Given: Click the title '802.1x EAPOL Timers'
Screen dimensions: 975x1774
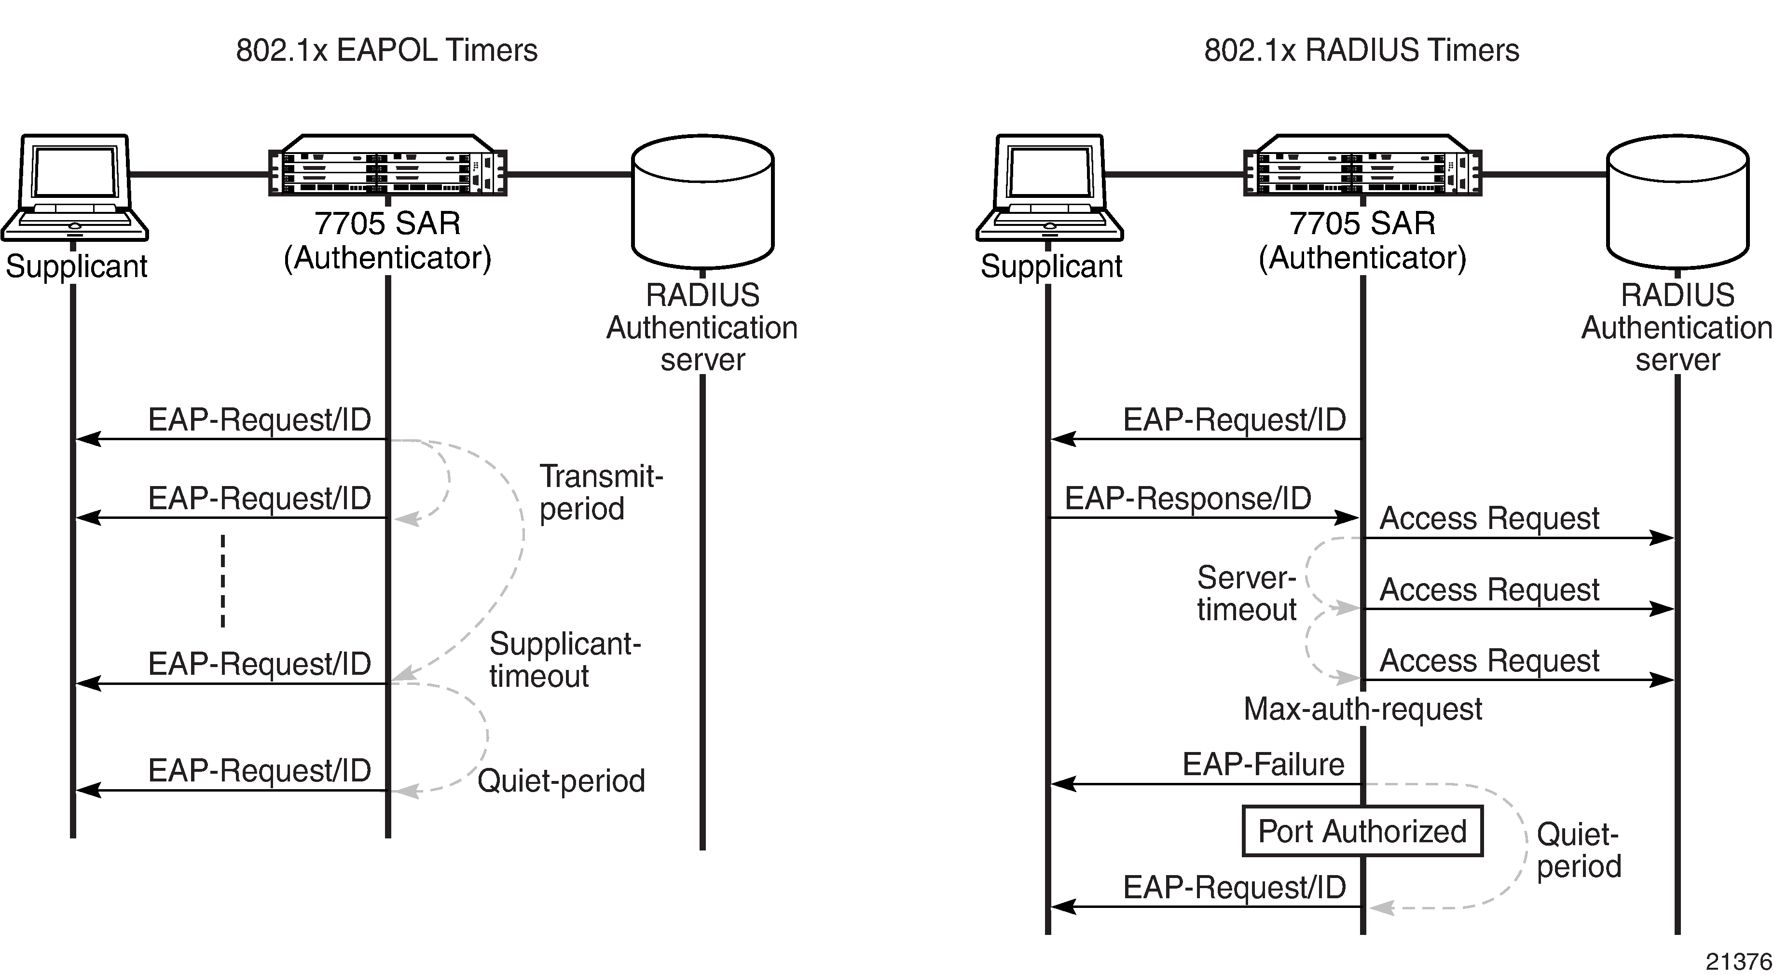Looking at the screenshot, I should (x=386, y=50).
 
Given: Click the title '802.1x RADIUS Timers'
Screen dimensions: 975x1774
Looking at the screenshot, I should (x=1361, y=50).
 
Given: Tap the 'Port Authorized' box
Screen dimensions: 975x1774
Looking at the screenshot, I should (x=1362, y=831).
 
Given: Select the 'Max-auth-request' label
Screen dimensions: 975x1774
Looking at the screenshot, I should (x=1362, y=709).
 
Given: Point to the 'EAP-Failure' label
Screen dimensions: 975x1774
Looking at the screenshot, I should (x=1263, y=764).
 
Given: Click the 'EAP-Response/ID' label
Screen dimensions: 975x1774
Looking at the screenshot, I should (x=1188, y=498).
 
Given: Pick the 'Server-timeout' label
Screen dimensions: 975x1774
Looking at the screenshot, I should (x=1247, y=593).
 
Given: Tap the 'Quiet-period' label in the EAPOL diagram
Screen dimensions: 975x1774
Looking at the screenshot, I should (x=561, y=780).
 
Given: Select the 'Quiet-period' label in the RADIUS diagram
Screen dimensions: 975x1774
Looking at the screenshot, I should (x=1579, y=850).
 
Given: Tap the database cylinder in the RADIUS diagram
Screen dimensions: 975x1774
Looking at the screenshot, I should (x=1678, y=201).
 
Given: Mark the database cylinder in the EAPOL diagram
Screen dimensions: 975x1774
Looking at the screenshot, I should (x=702, y=201).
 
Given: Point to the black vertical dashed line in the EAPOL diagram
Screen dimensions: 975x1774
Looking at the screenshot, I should (x=222, y=580).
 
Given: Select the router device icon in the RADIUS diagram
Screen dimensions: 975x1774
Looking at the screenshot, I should (x=1362, y=166).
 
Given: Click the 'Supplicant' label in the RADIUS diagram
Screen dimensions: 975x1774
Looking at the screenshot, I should (x=1051, y=266).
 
